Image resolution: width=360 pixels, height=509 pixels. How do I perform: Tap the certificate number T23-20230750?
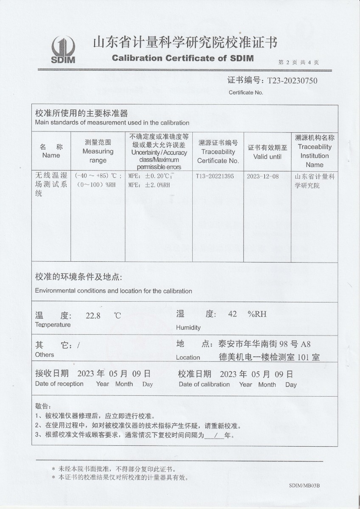[x=292, y=81]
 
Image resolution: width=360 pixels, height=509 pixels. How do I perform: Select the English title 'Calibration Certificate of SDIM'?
[x=183, y=58]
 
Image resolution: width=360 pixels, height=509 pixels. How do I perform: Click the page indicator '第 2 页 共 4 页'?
[x=298, y=62]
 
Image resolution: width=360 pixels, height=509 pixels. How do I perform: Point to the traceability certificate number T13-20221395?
[x=215, y=176]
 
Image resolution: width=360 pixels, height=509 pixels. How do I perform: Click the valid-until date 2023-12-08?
[x=263, y=176]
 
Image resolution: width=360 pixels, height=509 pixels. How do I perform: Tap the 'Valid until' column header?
[x=267, y=157]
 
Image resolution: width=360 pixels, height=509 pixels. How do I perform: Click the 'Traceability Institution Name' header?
[x=315, y=156]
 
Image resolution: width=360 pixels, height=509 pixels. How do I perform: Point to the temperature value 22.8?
[x=93, y=315]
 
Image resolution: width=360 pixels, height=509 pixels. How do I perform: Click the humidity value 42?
[x=232, y=314]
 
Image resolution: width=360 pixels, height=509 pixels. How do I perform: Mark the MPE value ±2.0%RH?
[x=149, y=185]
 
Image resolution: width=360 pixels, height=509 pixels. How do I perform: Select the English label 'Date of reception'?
[x=59, y=384]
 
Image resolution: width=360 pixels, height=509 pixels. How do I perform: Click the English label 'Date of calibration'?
[x=204, y=384]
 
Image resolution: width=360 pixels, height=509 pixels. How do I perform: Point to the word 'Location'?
[x=188, y=358]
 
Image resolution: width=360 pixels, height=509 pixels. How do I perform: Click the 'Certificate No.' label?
[x=246, y=92]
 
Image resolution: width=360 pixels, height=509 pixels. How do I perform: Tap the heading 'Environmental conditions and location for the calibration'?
[x=113, y=291]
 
